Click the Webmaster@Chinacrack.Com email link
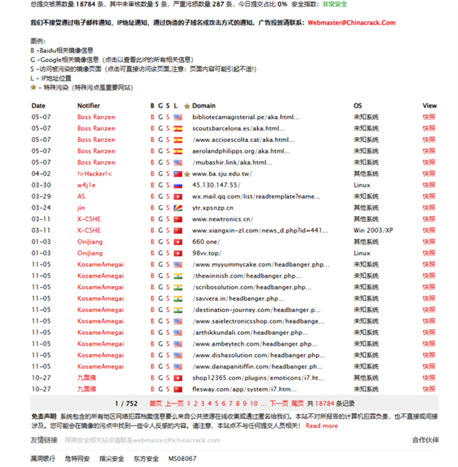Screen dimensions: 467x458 coord(352,23)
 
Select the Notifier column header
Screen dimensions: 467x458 coord(89,105)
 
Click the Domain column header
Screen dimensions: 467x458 coord(204,105)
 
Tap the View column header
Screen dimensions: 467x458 coord(429,105)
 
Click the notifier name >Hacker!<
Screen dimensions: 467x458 coord(94,173)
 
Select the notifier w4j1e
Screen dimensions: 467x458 coord(86,185)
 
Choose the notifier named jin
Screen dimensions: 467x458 coord(81,208)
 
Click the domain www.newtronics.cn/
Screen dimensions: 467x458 coord(224,219)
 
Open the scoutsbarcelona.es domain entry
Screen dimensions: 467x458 coord(240,128)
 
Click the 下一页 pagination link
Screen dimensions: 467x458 coord(279,402)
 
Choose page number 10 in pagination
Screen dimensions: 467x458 coord(253,402)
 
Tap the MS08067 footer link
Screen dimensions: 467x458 coord(182,459)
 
